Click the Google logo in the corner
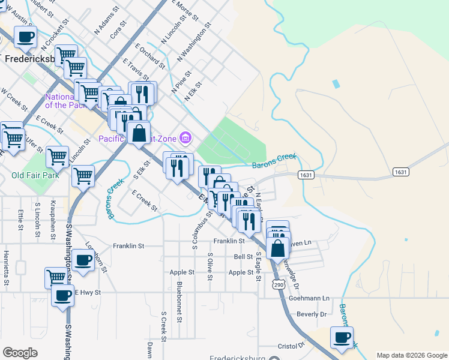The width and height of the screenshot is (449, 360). [x=20, y=353]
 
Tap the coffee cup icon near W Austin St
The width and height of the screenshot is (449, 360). [x=25, y=37]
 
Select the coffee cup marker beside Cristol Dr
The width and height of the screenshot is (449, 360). [x=342, y=337]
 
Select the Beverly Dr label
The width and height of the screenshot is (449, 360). [x=312, y=314]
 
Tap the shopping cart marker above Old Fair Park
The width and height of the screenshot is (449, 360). [x=57, y=157]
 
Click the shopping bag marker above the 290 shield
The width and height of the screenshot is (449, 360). [x=278, y=247]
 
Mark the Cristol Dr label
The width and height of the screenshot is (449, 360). [x=291, y=346]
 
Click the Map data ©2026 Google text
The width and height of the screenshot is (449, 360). [x=411, y=355]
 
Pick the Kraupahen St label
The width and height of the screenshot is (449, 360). [x=53, y=215]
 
